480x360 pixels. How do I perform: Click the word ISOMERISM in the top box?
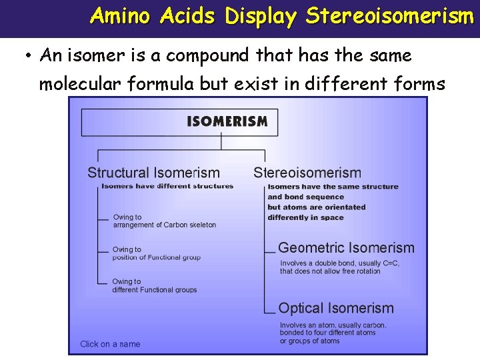pyautogui.click(x=227, y=121)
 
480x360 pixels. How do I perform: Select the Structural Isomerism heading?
pyautogui.click(x=153, y=173)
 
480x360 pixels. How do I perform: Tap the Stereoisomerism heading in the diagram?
pyautogui.click(x=307, y=173)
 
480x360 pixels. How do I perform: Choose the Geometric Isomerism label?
pyautogui.click(x=346, y=248)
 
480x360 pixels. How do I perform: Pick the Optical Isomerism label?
pyautogui.click(x=336, y=309)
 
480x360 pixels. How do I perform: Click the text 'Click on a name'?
pyautogui.click(x=110, y=344)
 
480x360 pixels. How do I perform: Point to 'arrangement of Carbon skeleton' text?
pyautogui.click(x=165, y=225)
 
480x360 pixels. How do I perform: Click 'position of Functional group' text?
pyautogui.click(x=156, y=257)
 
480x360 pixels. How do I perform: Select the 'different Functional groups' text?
pyautogui.click(x=155, y=290)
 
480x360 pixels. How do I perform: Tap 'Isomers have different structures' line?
pyautogui.click(x=167, y=186)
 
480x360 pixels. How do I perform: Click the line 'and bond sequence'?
pyautogui.click(x=305, y=197)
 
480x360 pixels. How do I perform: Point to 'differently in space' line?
pyautogui.click(x=305, y=217)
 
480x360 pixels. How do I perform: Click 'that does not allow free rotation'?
pyautogui.click(x=330, y=271)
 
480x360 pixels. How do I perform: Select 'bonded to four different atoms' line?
pyautogui.click(x=327, y=333)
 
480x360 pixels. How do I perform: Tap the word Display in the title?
pyautogui.click(x=261, y=17)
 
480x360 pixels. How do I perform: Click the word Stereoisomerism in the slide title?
pyautogui.click(x=389, y=16)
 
